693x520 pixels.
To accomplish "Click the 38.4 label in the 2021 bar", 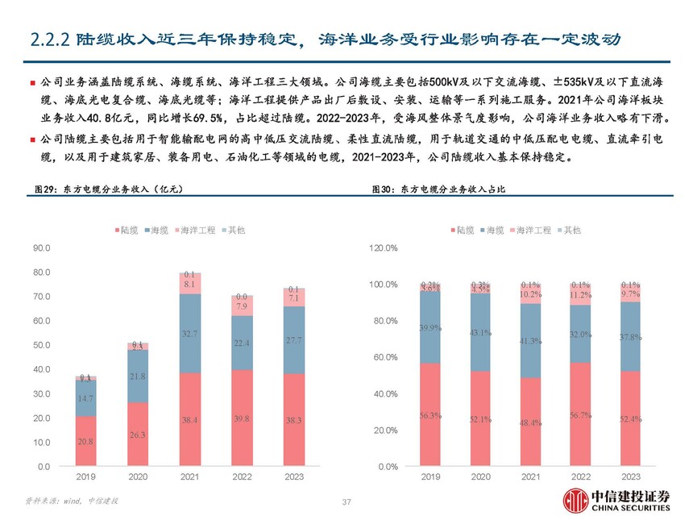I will click(189, 421).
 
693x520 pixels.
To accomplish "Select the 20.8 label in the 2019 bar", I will click(85, 442).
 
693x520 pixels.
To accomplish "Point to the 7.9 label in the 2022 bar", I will click(242, 306).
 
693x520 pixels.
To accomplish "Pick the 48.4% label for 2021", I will click(529, 423).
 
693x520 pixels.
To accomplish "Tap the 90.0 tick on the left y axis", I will click(39, 248).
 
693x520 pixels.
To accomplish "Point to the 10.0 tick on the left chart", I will click(39, 443).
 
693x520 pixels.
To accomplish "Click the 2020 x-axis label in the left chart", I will click(138, 477).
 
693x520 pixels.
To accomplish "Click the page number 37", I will click(346, 502).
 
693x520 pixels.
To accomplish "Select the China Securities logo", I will click(616, 500).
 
